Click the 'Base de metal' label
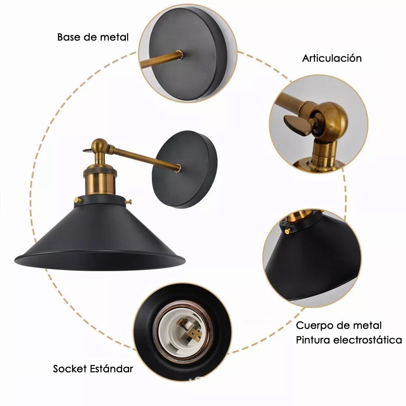click(93, 37)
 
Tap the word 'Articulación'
click(332, 58)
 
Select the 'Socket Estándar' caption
click(93, 369)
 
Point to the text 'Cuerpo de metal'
click(339, 325)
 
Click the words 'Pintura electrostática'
click(349, 340)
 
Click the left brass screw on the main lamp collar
click(78, 200)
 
